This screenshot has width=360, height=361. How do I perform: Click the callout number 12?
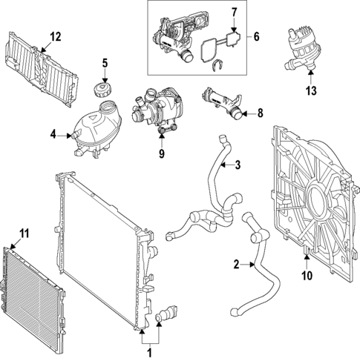(56, 36)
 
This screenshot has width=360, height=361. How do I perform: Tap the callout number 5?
(105, 63)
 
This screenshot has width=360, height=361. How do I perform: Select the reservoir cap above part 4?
(104, 90)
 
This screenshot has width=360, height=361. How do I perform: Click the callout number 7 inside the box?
(233, 12)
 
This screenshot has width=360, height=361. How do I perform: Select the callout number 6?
(257, 36)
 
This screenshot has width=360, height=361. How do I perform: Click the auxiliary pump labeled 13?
(300, 50)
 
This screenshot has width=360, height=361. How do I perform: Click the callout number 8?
(259, 113)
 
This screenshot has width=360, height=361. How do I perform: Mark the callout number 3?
(238, 165)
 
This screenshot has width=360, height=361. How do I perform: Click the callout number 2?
(236, 264)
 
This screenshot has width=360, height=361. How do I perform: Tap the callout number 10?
(307, 276)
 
